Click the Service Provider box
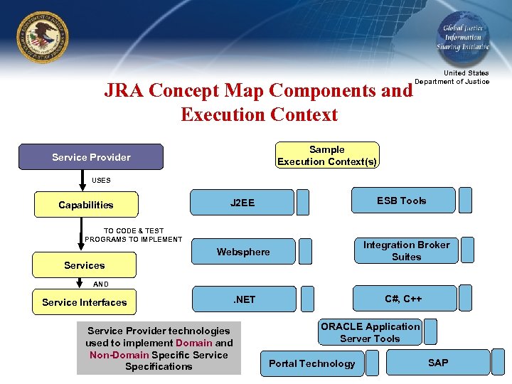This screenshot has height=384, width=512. [x=91, y=157]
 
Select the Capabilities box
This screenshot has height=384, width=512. [x=85, y=205]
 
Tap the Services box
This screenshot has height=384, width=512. [x=84, y=265]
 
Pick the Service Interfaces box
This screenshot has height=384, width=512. [x=84, y=302]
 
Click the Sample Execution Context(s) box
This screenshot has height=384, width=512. [x=327, y=155]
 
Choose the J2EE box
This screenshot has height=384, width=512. [x=242, y=203]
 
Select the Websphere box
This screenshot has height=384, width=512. [x=242, y=252]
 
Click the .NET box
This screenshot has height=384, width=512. [x=244, y=299]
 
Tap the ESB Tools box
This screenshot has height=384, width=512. [x=402, y=201]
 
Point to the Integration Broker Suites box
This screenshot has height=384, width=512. [x=406, y=250]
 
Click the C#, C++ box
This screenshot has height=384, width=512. [x=403, y=299]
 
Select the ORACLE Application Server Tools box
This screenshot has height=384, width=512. [x=370, y=332]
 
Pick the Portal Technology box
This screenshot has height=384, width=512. [x=311, y=363]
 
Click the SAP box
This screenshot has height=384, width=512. [x=438, y=363]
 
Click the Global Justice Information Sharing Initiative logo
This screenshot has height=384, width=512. [x=462, y=37]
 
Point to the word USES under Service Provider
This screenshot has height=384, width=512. [x=101, y=181]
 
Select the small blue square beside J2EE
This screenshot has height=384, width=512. [x=303, y=203]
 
